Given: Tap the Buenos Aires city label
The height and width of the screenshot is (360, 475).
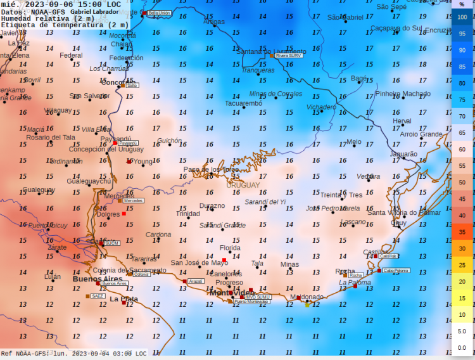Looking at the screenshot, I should [x=97, y=278].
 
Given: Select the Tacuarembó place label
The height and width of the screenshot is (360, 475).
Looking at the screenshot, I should [x=243, y=103].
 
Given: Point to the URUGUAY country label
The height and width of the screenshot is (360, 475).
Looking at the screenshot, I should [x=243, y=185].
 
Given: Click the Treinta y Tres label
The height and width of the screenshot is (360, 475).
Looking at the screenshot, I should [x=341, y=195].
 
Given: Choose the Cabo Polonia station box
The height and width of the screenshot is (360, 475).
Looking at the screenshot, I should [x=396, y=270].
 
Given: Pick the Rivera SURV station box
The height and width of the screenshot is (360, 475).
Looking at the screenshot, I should [x=288, y=56].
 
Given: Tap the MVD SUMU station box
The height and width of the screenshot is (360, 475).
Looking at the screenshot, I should [x=258, y=297].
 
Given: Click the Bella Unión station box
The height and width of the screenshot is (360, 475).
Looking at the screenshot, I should [x=159, y=13].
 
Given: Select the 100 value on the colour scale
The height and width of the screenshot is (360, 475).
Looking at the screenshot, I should [x=462, y=18].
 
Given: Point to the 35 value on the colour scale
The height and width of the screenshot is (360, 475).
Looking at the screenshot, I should [x=462, y=232].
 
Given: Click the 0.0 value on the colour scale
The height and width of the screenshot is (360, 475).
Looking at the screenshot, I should [x=462, y=347].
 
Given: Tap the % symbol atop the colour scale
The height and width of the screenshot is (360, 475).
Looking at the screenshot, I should [x=462, y=4].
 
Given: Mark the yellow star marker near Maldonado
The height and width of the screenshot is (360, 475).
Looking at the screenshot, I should [x=307, y=304].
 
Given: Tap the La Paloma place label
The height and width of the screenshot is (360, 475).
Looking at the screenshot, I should [x=355, y=283].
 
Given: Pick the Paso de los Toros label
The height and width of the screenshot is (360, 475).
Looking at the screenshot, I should [x=211, y=170].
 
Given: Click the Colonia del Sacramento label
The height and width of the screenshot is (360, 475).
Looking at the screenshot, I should [x=129, y=270].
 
